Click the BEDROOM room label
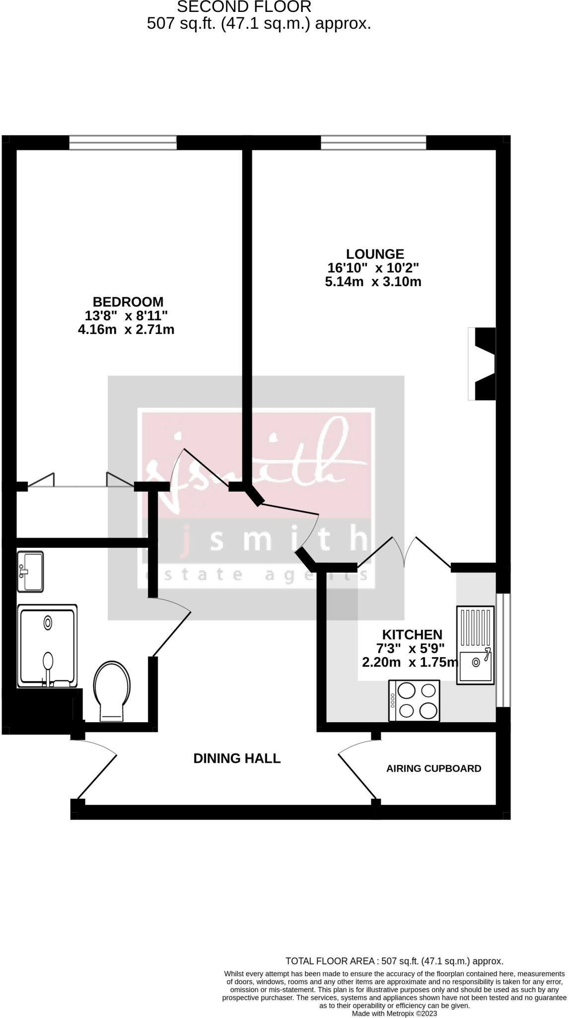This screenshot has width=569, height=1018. (x=128, y=302)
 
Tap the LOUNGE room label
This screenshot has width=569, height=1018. (x=375, y=254)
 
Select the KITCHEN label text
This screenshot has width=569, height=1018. (x=412, y=635)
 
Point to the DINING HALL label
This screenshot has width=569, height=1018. (x=237, y=758)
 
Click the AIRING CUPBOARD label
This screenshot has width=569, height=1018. (x=433, y=768)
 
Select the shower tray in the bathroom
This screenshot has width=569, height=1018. (x=47, y=646)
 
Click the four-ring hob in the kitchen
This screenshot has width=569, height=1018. (x=414, y=700)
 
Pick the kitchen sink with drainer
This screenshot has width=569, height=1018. (x=475, y=645)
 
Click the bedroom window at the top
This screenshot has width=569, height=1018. (x=123, y=143)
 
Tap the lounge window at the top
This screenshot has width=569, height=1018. (x=373, y=143)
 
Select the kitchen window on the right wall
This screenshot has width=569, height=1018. (x=503, y=650)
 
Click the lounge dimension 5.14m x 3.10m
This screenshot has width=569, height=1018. (x=373, y=282)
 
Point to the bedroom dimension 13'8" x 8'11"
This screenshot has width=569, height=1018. (x=126, y=316)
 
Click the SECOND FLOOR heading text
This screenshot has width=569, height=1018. (x=244, y=7)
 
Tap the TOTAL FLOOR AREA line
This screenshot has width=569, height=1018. (x=394, y=961)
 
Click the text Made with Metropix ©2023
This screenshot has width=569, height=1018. (x=394, y=1014)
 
